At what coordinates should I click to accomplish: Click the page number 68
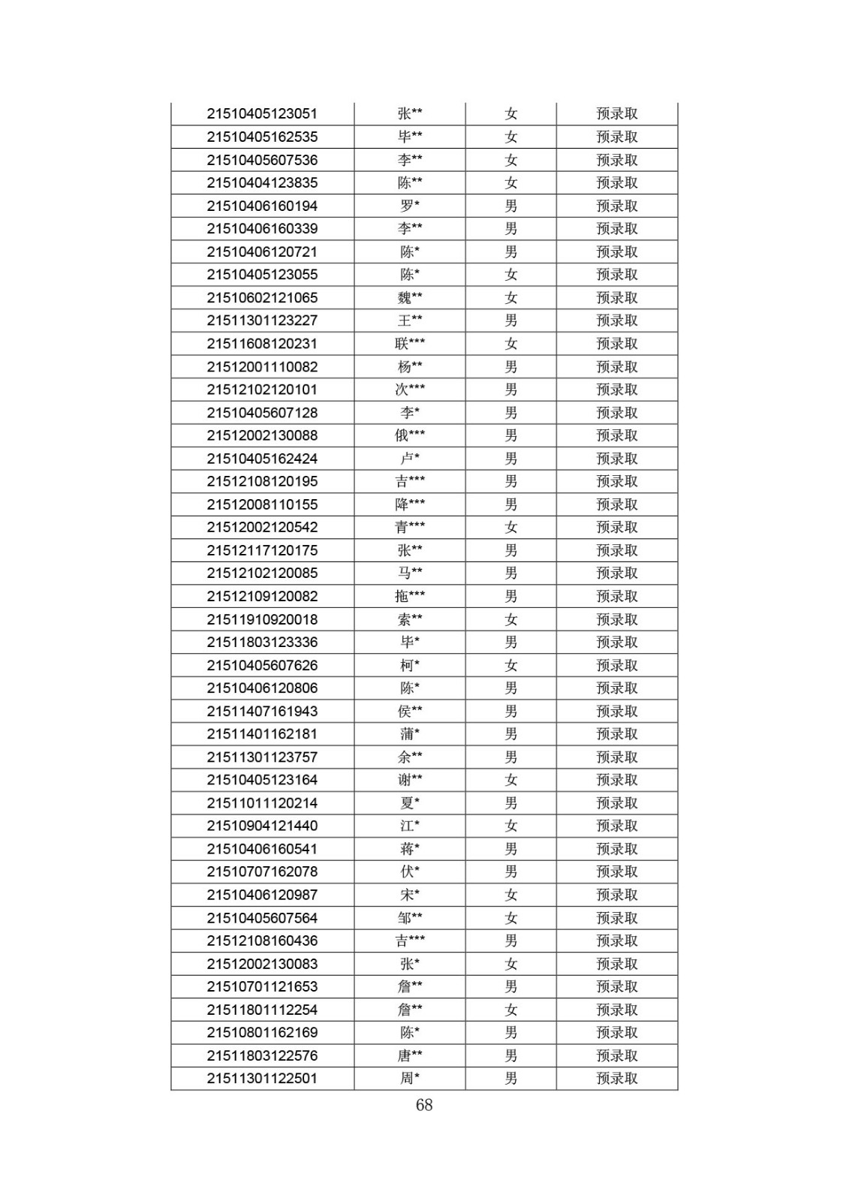coord(424,1105)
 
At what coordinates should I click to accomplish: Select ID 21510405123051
coord(262,114)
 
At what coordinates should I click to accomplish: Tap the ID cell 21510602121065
coord(262,298)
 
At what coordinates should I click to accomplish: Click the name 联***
coord(410,344)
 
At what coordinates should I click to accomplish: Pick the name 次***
coord(410,390)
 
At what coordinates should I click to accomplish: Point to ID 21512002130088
coord(262,435)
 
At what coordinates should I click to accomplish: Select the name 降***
coord(410,504)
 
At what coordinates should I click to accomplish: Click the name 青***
coord(410,527)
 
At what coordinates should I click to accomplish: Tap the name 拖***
coord(410,596)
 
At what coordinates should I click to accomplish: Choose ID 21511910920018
coord(262,619)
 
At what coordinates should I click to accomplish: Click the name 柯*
coord(410,665)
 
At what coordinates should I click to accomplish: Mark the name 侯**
coord(410,711)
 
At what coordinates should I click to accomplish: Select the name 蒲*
coord(410,734)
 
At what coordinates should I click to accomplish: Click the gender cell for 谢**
coord(511,780)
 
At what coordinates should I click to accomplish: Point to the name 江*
coord(410,826)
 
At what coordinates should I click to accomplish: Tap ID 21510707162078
coord(262,871)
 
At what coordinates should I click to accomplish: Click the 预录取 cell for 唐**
coord(617,1055)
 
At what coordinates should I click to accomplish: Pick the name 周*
coord(410,1079)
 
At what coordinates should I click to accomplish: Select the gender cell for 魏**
coord(511,298)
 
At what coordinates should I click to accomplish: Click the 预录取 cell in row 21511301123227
coord(617,321)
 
